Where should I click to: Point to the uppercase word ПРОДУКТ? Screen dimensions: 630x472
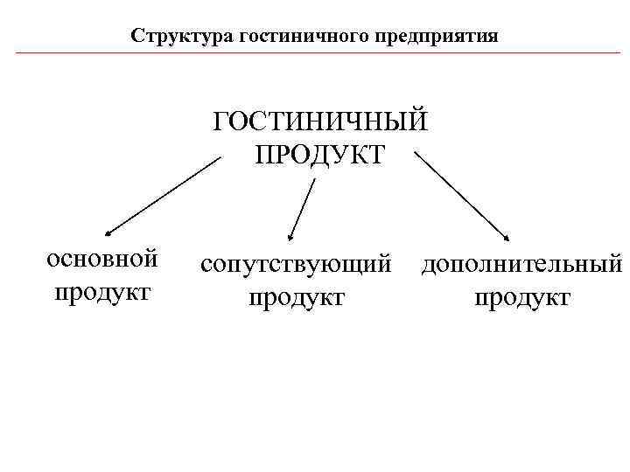(319, 155)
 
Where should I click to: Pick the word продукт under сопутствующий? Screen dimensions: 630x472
(296, 297)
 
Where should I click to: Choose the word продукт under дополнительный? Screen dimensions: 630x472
(521, 297)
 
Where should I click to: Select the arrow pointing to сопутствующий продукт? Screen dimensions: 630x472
(302, 208)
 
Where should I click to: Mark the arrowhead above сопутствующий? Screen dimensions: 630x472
(291, 235)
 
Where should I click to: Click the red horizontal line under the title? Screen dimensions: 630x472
(315, 53)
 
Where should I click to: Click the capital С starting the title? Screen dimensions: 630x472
(136, 37)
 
